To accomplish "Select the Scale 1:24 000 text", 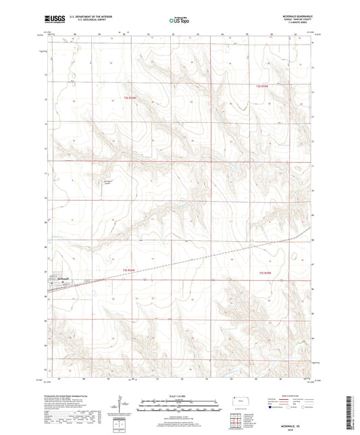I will click(x=179, y=396).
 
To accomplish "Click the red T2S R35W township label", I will click(x=263, y=86).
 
